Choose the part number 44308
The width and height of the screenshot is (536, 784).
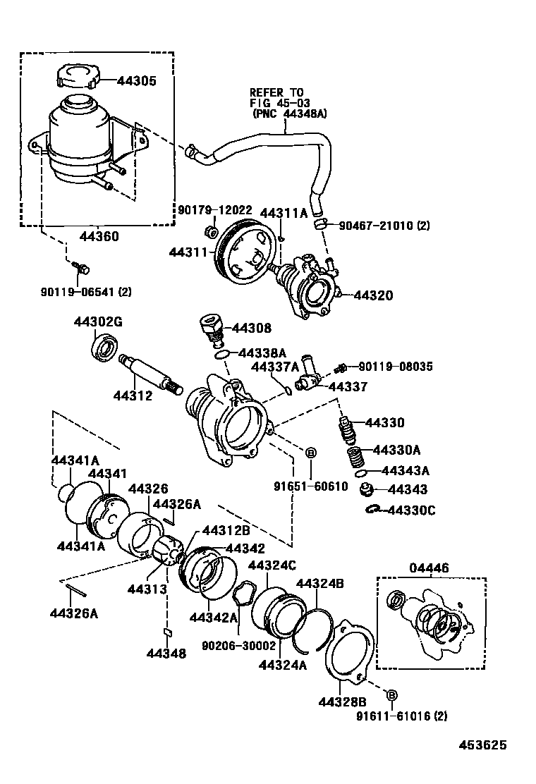252,329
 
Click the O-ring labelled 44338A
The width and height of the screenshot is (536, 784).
221,354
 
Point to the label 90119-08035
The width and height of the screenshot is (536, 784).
395,367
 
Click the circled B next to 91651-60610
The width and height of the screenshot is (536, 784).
311,452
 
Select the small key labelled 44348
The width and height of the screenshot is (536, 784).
167,632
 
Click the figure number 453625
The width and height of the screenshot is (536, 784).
483,744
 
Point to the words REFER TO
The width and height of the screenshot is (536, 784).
276,92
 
